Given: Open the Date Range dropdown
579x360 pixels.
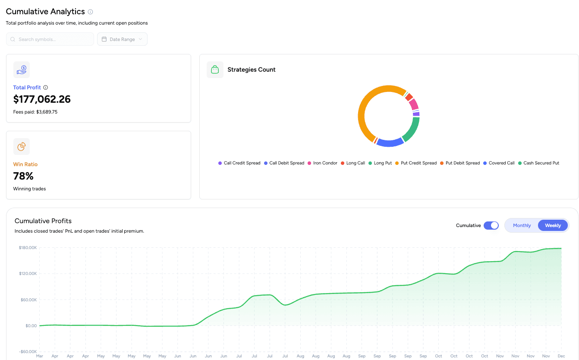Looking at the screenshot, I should point(122,39).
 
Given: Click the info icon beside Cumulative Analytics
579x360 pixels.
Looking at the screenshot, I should point(90,12).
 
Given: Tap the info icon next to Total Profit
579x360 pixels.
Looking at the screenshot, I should point(46,88).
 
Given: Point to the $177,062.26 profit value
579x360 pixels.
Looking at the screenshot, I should point(42,100).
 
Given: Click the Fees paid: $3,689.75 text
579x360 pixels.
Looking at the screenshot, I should point(35,112).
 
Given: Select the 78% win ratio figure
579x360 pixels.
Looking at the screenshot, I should point(23,176).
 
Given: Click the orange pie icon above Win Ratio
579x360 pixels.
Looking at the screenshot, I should point(22,147).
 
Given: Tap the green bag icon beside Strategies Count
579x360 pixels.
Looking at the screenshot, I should point(215,69).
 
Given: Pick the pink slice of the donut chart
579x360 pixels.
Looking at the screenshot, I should point(414,104).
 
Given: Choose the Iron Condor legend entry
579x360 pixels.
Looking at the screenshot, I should point(322,163).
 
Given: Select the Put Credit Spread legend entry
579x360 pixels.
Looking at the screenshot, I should point(416,163).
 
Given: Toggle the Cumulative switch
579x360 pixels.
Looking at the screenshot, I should point(491,225).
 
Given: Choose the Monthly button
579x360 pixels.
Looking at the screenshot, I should point(522,225).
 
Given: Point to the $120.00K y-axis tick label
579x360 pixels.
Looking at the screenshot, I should point(28,274).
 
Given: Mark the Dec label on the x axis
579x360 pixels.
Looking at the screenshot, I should point(561,356).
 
